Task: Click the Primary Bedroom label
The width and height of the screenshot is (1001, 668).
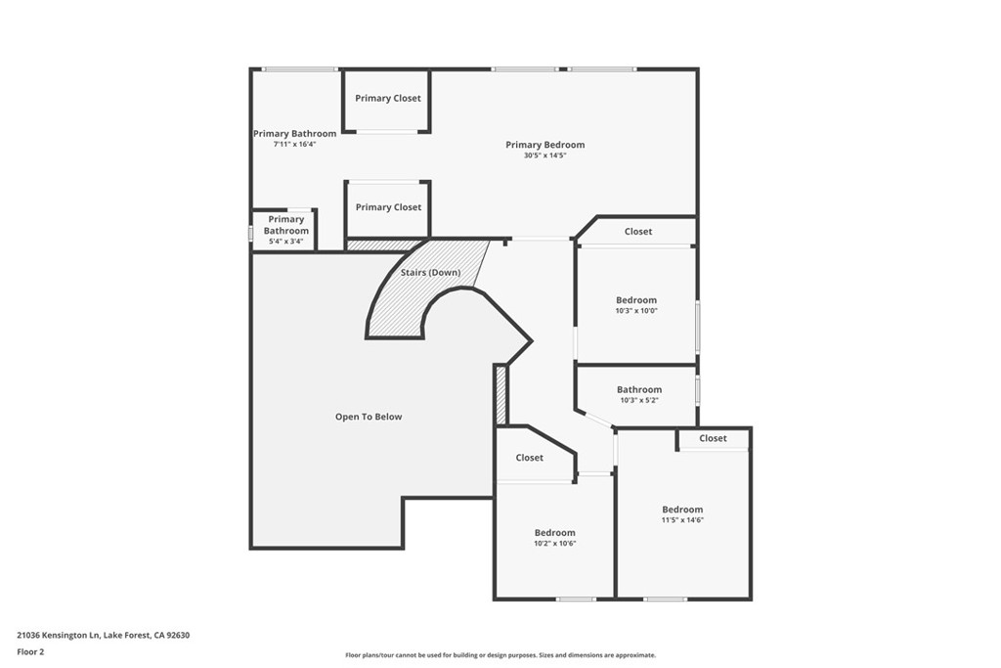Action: coord(544,145)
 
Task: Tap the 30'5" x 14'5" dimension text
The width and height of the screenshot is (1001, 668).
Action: coord(544,156)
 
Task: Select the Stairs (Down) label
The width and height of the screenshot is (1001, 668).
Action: coord(430,272)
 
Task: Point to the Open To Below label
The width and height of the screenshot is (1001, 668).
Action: coord(369,417)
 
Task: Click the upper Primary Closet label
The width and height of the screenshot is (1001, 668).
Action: coord(388,98)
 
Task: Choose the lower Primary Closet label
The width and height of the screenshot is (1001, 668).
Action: coord(388,207)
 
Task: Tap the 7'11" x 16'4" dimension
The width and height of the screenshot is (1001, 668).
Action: coord(294,144)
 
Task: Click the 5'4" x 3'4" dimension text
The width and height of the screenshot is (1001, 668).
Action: coord(286,242)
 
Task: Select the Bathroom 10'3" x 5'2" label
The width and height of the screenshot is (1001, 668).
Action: coord(639,389)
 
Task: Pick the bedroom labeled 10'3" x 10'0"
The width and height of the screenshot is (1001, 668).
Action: coord(636,300)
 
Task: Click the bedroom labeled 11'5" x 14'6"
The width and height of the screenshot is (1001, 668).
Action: coord(682,510)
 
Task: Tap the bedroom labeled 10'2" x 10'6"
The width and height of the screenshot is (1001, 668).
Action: coord(554,533)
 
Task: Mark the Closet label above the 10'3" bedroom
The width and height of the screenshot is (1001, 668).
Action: coord(638,232)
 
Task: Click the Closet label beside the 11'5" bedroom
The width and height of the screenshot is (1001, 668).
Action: coord(713,438)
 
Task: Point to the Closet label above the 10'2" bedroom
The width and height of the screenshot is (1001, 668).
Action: coord(529,458)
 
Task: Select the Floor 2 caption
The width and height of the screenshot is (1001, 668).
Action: coord(30,650)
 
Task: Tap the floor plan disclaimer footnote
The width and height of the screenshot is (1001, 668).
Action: coord(500,655)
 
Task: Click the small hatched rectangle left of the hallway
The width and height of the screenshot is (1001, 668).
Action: coord(500,394)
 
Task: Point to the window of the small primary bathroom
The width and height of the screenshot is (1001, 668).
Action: coord(251,234)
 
